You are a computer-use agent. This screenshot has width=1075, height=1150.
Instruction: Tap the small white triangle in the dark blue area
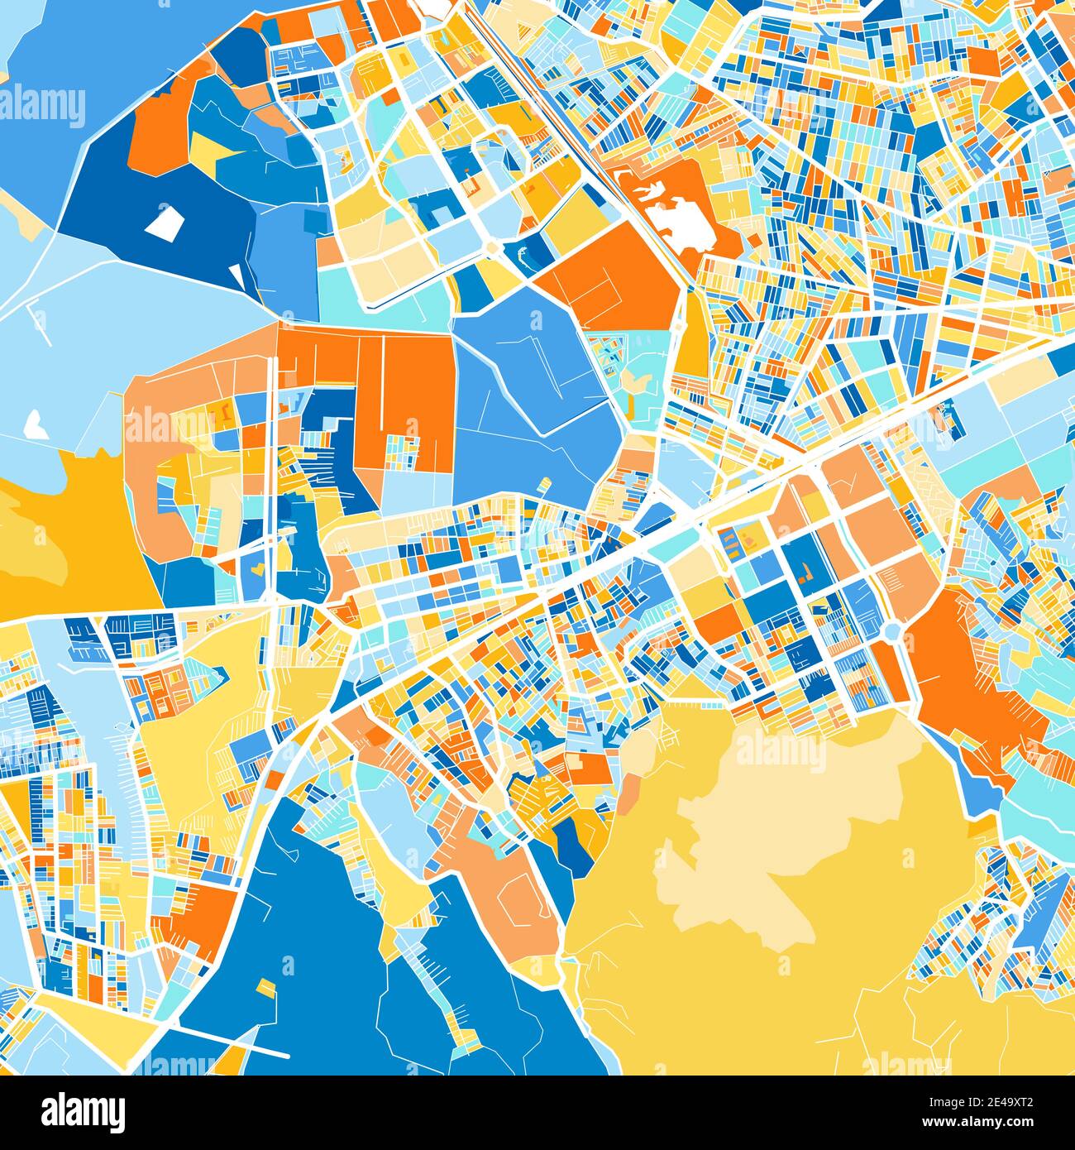(x=237, y=273)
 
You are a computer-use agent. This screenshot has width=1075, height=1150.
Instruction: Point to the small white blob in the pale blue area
(x=35, y=424)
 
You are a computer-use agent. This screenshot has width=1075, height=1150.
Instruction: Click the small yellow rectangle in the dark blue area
(x=265, y=988)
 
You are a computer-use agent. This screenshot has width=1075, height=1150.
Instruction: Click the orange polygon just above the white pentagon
(x=161, y=124)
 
